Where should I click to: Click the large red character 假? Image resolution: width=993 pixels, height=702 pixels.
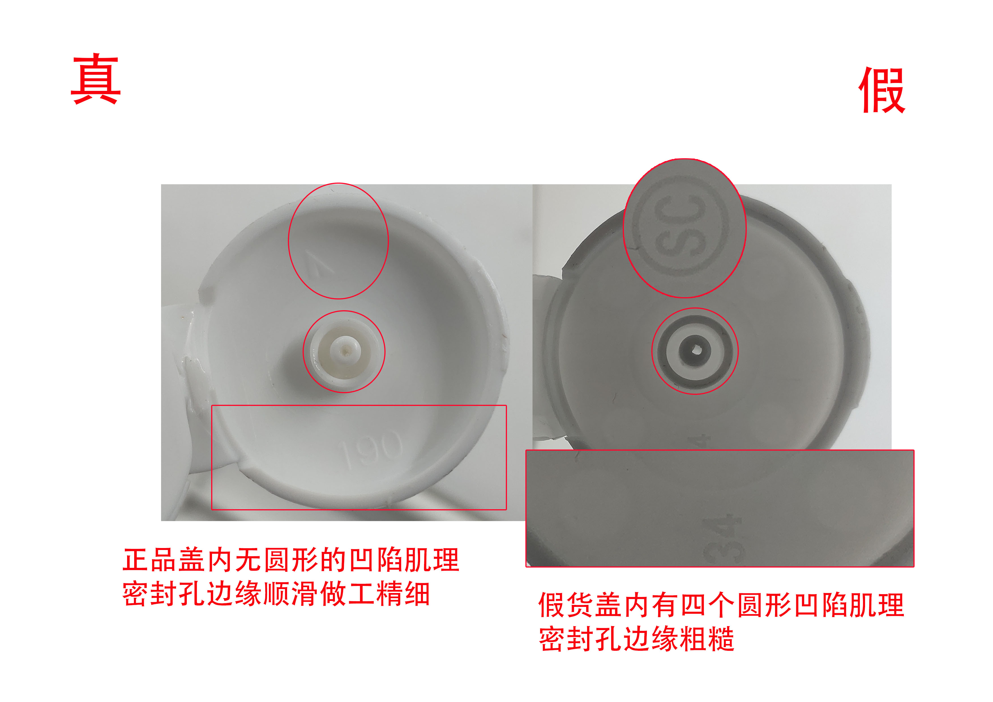tap(881, 90)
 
